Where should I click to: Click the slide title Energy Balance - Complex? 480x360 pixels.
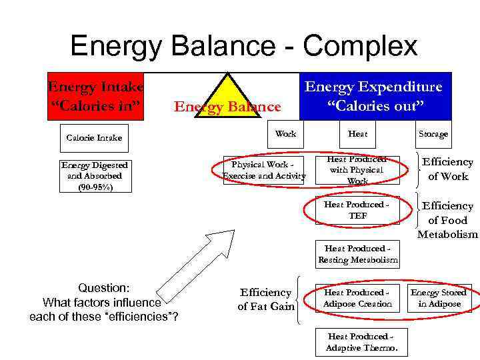[243, 47]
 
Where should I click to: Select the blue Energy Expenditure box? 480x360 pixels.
[375, 96]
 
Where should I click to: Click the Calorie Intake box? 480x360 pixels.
[94, 137]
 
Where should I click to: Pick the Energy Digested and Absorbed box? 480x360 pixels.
[94, 177]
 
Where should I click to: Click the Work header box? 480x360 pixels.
[285, 134]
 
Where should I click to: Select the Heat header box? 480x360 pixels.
[357, 134]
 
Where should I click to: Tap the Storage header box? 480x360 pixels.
[433, 134]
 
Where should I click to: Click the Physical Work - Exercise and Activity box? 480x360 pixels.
[264, 171]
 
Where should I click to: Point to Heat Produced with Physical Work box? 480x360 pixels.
[357, 171]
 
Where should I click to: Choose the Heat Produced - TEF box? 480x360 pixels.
[357, 211]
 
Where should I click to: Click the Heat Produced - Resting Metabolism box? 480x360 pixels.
[357, 254]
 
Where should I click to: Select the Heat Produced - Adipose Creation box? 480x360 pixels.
[357, 298]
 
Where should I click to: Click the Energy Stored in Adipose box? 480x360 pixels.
[438, 298]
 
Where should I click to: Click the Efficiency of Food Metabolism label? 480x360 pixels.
[447, 220]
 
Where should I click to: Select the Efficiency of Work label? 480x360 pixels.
[447, 169]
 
